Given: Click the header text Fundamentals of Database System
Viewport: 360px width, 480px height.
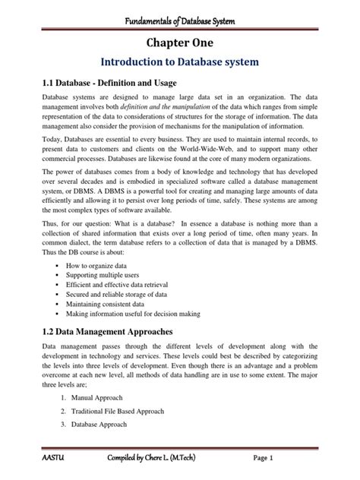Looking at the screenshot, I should [x=180, y=9].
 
